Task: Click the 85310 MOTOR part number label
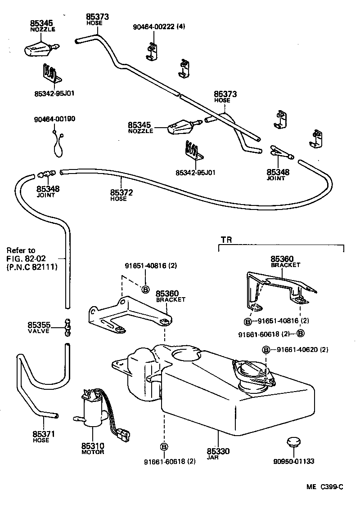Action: [93, 448]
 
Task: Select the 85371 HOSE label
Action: [44, 437]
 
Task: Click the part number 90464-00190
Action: [54, 119]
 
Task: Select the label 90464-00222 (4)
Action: [158, 27]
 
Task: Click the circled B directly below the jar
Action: [164, 446]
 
